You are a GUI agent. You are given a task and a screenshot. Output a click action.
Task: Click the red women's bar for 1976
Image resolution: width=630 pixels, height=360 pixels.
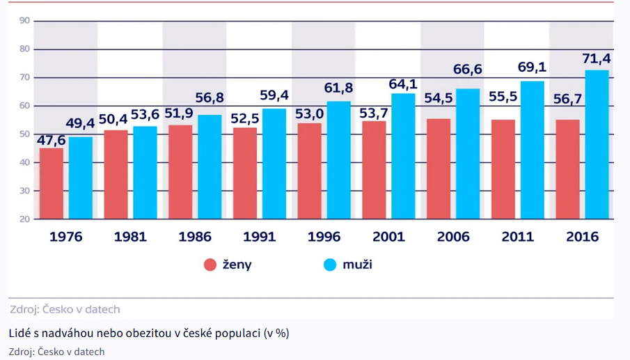click(x=52, y=183)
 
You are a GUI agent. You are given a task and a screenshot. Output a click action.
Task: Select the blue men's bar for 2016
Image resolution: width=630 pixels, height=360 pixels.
click(x=597, y=144)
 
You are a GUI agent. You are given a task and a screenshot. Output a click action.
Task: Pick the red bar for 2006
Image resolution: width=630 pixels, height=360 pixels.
click(x=439, y=169)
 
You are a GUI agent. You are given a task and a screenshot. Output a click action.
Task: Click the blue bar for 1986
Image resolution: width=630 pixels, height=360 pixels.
click(x=210, y=166)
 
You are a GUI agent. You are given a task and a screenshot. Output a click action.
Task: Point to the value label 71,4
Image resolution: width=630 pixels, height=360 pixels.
click(x=596, y=58)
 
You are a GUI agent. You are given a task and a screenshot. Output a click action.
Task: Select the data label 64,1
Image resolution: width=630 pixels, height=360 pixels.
click(x=402, y=83)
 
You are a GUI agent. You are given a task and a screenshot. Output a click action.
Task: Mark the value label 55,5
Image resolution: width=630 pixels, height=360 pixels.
click(x=503, y=97)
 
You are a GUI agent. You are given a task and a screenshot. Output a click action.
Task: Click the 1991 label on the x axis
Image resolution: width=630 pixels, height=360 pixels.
click(x=260, y=237)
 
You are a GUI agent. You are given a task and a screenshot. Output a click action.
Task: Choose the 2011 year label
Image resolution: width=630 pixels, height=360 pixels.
click(x=518, y=237)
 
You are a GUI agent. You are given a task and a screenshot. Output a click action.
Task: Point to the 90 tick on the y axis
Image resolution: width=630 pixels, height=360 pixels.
click(x=24, y=21)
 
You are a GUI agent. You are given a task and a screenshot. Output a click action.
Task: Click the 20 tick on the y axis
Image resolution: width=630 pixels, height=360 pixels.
click(x=24, y=219)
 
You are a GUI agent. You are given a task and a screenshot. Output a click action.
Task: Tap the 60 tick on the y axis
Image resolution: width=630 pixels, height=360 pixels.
click(x=24, y=106)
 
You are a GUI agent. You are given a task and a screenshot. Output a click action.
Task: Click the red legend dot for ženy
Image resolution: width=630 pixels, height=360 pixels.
click(x=210, y=265)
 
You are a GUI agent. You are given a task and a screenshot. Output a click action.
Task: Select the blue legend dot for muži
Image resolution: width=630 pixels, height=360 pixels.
click(x=331, y=265)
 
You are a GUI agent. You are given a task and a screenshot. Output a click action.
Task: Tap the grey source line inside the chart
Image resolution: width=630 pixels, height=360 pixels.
click(x=65, y=309)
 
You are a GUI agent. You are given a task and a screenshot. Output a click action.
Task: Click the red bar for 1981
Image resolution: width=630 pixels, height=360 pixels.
click(x=116, y=174)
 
